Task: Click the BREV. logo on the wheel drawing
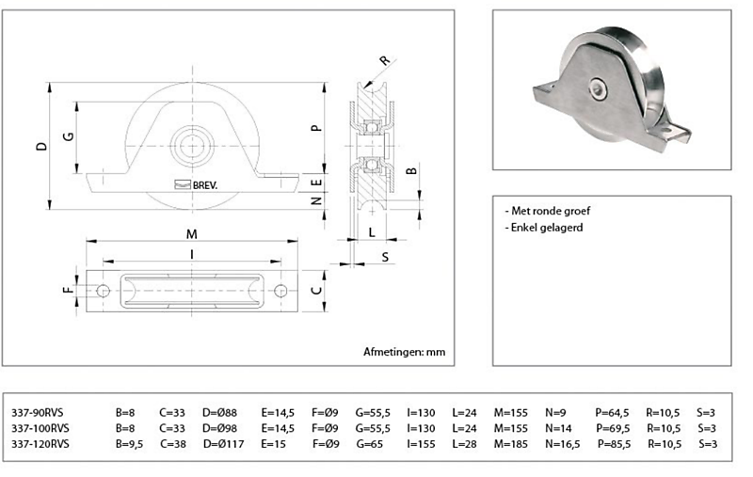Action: click(x=197, y=185)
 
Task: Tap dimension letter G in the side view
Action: click(x=67, y=137)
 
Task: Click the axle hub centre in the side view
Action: click(x=191, y=146)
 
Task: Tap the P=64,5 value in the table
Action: click(x=612, y=411)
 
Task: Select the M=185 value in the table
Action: click(x=512, y=443)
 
